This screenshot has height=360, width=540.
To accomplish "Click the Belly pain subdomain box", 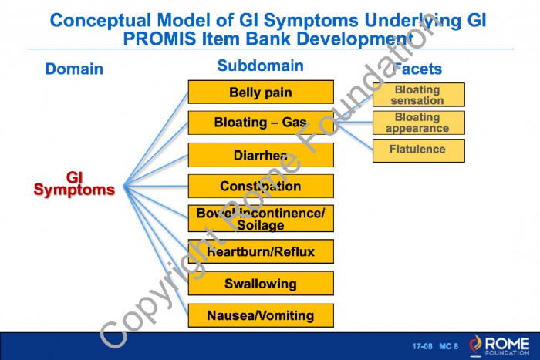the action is [261, 92].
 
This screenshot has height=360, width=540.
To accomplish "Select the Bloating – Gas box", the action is [261, 123].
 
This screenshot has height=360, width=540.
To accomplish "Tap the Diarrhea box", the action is [261, 155].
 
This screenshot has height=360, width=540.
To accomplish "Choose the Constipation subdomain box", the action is [261, 186].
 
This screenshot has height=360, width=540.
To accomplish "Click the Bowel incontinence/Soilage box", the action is [261, 219].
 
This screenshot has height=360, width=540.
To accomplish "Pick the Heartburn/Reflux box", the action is [261, 251].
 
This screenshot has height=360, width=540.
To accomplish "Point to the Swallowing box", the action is [261, 283].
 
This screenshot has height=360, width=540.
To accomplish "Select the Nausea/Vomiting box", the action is [261, 315].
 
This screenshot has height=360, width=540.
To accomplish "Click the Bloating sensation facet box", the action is [418, 95].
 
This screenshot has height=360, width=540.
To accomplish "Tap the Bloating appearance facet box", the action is [418, 123].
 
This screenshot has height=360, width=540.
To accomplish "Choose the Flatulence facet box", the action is [418, 150].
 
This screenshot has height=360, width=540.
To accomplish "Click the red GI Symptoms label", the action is [74, 184].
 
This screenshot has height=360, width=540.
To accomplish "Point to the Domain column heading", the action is [74, 69].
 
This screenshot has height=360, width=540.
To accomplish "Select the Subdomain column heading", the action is [261, 66].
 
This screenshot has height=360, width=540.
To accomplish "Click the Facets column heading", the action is [417, 69].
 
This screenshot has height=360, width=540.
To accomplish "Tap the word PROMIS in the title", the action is [160, 39].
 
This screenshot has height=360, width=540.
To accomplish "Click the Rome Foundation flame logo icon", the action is [476, 345].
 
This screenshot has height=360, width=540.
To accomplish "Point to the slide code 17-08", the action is [422, 346].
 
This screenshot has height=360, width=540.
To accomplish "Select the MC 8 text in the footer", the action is [449, 346].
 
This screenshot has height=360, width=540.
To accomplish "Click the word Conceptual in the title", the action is [100, 20].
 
